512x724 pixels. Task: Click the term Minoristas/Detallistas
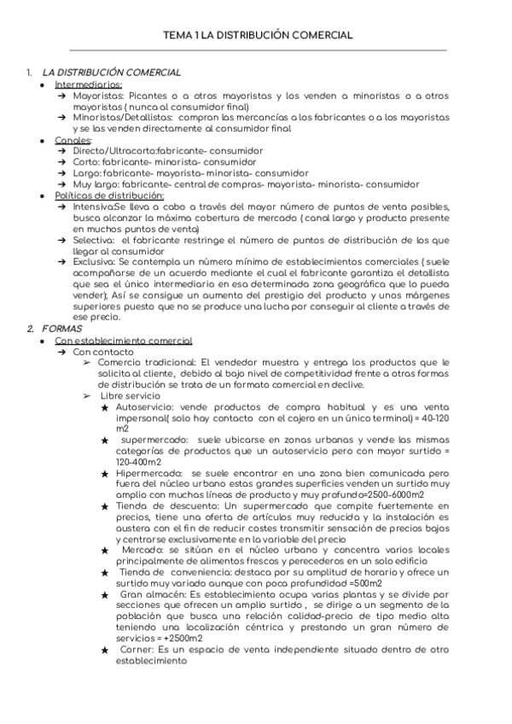tap(119, 117)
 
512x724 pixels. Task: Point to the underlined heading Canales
tap(74, 139)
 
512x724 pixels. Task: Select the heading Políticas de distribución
tap(109, 195)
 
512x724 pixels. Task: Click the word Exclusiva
tap(95, 262)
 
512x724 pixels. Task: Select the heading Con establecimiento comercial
tap(124, 341)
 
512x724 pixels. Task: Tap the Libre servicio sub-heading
tap(130, 396)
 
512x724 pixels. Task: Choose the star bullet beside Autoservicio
tap(104, 408)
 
